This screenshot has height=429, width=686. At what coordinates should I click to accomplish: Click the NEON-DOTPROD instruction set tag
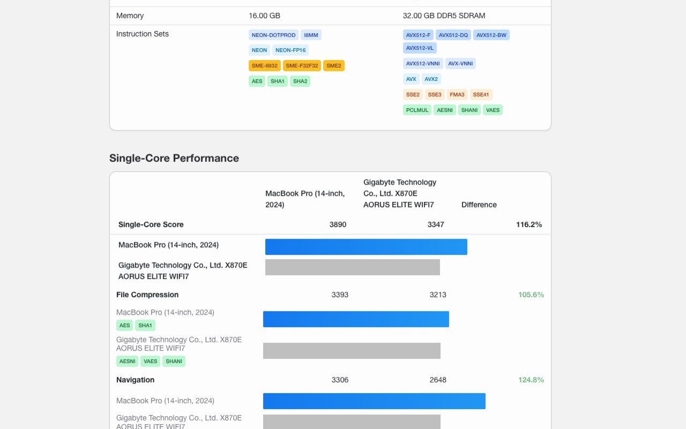click(273, 35)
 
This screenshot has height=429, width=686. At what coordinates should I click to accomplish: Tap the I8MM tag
click(311, 35)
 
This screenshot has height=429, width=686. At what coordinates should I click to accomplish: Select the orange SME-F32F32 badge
click(302, 65)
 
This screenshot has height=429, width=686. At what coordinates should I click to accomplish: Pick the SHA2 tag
click(300, 81)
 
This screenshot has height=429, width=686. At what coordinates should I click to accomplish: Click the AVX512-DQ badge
click(453, 35)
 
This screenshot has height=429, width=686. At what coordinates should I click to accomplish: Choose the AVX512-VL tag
click(420, 48)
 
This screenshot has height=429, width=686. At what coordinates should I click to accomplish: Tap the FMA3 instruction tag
click(457, 94)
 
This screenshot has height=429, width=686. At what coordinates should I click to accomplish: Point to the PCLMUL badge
click(417, 110)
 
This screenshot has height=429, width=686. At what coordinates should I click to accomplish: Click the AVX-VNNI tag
click(460, 63)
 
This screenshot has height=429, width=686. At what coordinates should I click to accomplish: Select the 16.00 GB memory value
click(264, 16)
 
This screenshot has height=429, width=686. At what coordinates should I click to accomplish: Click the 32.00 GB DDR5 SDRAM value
click(444, 16)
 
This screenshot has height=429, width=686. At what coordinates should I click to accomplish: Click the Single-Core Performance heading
click(174, 158)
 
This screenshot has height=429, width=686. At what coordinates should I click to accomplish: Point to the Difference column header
click(479, 204)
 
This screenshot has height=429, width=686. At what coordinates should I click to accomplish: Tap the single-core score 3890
click(338, 224)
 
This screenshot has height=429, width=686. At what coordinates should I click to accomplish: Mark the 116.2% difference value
click(528, 224)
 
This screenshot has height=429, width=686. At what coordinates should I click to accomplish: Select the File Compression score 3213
click(438, 294)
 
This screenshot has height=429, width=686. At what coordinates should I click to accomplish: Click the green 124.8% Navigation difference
click(531, 380)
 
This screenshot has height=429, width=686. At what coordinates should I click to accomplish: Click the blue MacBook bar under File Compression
click(356, 319)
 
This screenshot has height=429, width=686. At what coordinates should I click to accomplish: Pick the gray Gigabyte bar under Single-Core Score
click(352, 267)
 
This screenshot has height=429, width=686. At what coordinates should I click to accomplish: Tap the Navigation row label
click(135, 380)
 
